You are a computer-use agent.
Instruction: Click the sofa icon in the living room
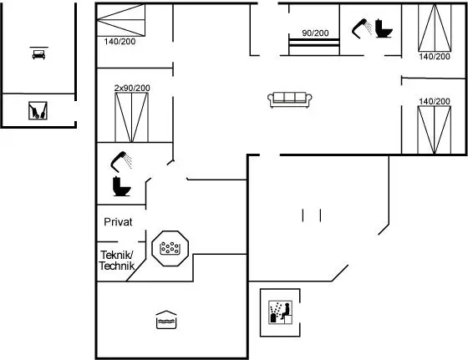pyautogui.click(x=290, y=99)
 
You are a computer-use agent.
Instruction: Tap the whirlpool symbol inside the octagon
pyautogui.click(x=170, y=248)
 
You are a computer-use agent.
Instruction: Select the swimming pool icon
pyautogui.click(x=166, y=320)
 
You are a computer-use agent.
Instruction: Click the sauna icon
pyautogui.click(x=280, y=312)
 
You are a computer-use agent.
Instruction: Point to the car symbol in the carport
pyautogui.click(x=38, y=53)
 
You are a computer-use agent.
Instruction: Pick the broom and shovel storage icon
pyautogui.click(x=38, y=110)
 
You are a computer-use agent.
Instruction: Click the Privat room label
pyautogui.click(x=118, y=222)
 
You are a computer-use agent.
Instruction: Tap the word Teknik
pyautogui.click(x=117, y=255)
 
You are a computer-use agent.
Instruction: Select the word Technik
pyautogui.click(x=117, y=266)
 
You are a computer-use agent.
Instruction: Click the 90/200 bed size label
pyautogui.click(x=315, y=33)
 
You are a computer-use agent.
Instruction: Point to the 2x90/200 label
pyautogui.click(x=132, y=88)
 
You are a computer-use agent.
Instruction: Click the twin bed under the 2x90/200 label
pyautogui.click(x=132, y=117)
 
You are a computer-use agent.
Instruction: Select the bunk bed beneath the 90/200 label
pyautogui.click(x=314, y=47)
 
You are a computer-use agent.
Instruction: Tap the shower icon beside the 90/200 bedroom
pyautogui.click(x=361, y=28)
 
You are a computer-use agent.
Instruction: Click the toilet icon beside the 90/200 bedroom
pyautogui.click(x=384, y=28)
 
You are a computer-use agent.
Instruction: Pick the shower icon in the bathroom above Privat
pyautogui.click(x=121, y=162)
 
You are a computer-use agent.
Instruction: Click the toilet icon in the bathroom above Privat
pyautogui.click(x=121, y=186)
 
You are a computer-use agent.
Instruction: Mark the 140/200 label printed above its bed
pyautogui.click(x=435, y=101)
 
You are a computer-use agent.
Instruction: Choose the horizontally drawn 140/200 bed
pyautogui.click(x=121, y=20)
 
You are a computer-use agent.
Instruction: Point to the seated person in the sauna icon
pyautogui.click(x=286, y=311)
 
